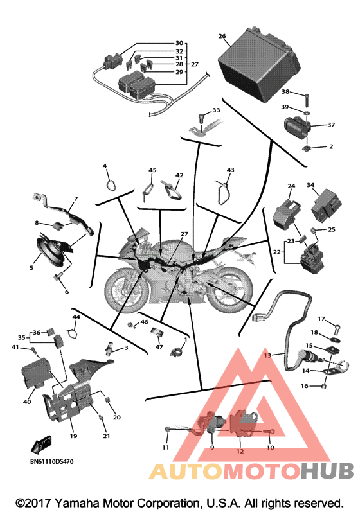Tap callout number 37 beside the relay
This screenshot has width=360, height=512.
point(331,125)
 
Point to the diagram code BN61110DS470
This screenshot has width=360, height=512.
point(52,461)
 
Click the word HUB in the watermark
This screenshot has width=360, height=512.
point(327,471)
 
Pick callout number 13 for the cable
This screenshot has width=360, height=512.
point(267,355)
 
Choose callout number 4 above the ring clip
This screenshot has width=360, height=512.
point(105,166)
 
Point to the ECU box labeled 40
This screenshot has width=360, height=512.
point(35,372)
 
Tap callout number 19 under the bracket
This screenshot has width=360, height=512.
point(73,436)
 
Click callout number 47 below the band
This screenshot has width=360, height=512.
point(159,347)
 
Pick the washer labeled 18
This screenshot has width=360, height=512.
point(336,340)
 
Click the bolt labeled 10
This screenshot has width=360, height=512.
point(270,432)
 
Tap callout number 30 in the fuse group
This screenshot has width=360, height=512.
point(179,43)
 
